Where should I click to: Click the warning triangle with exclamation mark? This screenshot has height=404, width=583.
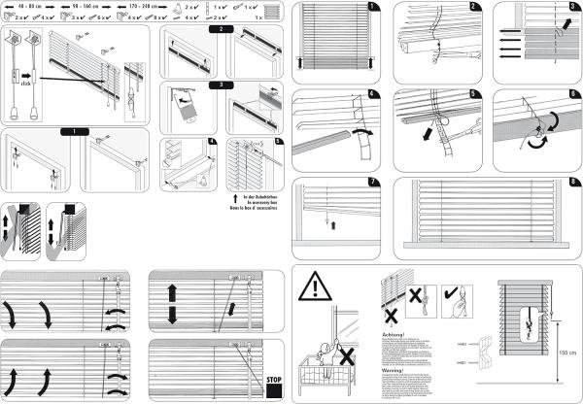tap(315, 288)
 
